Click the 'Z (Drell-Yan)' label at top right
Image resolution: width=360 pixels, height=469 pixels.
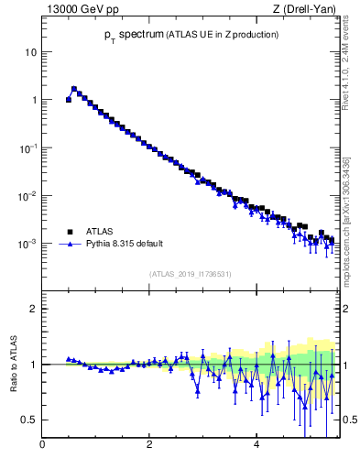point(303,10)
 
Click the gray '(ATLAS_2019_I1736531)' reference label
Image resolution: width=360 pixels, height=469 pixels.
point(190,274)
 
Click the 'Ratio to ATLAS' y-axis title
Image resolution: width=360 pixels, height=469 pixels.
point(14,364)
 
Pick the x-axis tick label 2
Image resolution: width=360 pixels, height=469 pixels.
point(149,446)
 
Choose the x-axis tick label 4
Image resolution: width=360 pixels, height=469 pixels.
point(256,446)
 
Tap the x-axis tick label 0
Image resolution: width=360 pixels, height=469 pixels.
point(43,446)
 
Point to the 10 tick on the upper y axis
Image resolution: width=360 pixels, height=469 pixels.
point(31,52)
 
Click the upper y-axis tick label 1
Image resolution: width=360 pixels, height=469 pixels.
point(34,100)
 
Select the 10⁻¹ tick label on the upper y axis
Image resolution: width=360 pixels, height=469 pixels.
point(28,147)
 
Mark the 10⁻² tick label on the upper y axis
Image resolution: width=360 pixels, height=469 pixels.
point(28,196)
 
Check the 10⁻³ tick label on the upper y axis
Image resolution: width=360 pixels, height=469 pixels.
point(28,244)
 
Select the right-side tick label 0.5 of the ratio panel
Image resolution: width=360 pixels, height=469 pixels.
point(349,420)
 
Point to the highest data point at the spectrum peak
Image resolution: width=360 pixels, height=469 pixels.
point(74,89)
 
